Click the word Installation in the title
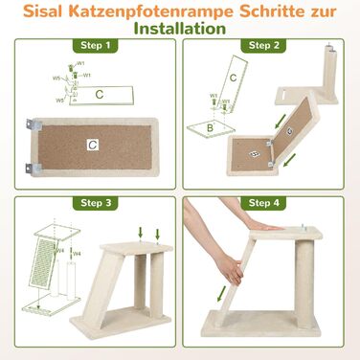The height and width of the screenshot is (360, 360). [x=179, y=29]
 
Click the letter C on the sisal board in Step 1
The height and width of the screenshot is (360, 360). [x=92, y=144]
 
